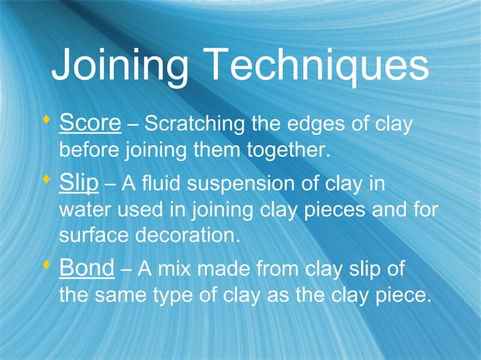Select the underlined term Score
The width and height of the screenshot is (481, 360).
90,122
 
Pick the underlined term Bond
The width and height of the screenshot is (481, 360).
86,268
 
